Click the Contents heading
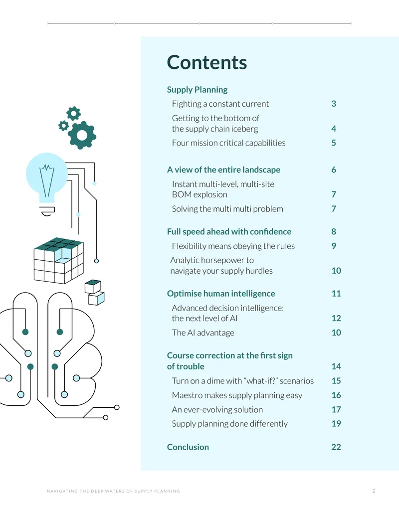(x=207, y=62)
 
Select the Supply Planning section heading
(x=197, y=90)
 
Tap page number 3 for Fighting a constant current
(x=334, y=104)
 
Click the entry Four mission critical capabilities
(x=228, y=143)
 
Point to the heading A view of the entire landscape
(x=223, y=170)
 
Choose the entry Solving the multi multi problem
(x=227, y=208)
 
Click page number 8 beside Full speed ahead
(x=334, y=231)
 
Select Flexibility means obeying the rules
(x=233, y=246)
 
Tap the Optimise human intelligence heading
(x=221, y=293)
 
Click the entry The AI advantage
(x=203, y=333)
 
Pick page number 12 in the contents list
(x=336, y=318)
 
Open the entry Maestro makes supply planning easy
(x=237, y=395)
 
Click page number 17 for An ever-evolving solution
(x=336, y=409)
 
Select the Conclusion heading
(x=188, y=447)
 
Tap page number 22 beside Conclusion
(x=336, y=447)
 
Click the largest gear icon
(x=82, y=135)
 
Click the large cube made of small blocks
(x=58, y=260)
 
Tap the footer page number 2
(x=374, y=491)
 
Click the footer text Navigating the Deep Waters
(x=113, y=491)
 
